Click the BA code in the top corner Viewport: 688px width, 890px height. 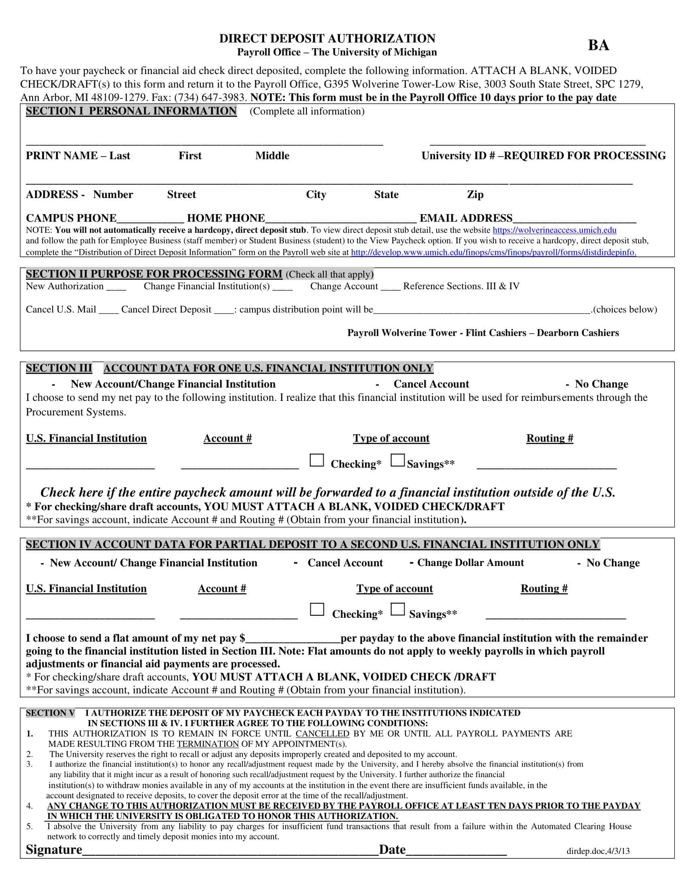pos(598,45)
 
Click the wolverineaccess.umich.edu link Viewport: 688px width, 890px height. pos(554,230)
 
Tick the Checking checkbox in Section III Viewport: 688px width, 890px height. pos(317,460)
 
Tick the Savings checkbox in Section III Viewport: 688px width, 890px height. pos(397,460)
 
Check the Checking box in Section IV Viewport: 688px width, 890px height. pos(317,610)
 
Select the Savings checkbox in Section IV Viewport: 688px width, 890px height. pos(397,610)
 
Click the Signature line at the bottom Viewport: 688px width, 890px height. pos(230,851)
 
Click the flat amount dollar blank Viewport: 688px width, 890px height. pos(292,639)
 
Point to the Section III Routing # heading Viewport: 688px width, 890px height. pos(550,439)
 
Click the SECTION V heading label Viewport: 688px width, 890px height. pos(50,713)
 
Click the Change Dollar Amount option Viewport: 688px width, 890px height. pos(470,563)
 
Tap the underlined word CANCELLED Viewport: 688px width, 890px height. pos(322,734)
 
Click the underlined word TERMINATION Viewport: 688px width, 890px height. pos(208,744)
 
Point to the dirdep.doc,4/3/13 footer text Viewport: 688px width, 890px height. pos(597,851)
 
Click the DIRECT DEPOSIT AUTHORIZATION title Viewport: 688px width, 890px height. pos(327,38)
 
